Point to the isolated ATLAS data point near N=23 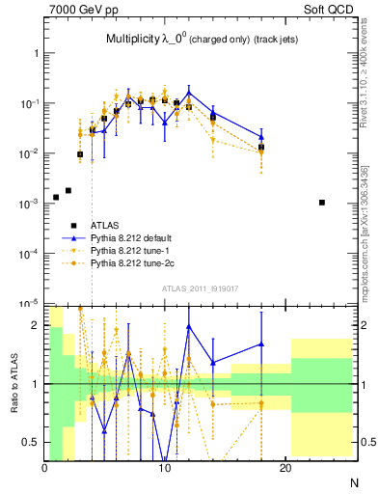pyautogui.click(x=322, y=203)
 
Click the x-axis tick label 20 pyautogui.click(x=285, y=469)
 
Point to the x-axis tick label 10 pyautogui.click(x=165, y=469)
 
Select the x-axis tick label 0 pyautogui.click(x=45, y=469)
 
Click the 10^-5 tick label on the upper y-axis pyautogui.click(x=28, y=303)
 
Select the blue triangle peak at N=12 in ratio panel pyautogui.click(x=189, y=326)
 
